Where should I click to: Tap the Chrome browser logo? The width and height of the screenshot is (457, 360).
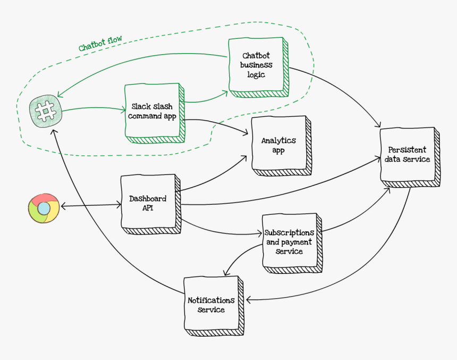[x=44, y=208]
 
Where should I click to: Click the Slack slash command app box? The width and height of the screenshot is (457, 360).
[x=154, y=111]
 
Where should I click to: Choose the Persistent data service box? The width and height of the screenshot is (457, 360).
[x=408, y=155]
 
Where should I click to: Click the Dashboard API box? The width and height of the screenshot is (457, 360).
[x=148, y=203]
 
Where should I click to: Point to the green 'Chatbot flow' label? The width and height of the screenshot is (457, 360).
[x=100, y=44]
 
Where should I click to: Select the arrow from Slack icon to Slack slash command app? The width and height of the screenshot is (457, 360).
[x=93, y=109]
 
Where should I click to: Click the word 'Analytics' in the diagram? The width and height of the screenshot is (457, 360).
[x=278, y=140]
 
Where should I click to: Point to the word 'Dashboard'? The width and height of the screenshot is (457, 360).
[x=148, y=198]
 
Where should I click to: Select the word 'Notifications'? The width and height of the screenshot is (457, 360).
[x=211, y=300]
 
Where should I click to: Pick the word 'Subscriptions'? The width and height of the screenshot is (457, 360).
[x=290, y=233]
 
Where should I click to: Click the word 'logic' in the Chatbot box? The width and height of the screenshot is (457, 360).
[x=256, y=75]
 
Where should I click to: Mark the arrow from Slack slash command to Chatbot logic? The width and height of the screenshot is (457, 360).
[x=205, y=99]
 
